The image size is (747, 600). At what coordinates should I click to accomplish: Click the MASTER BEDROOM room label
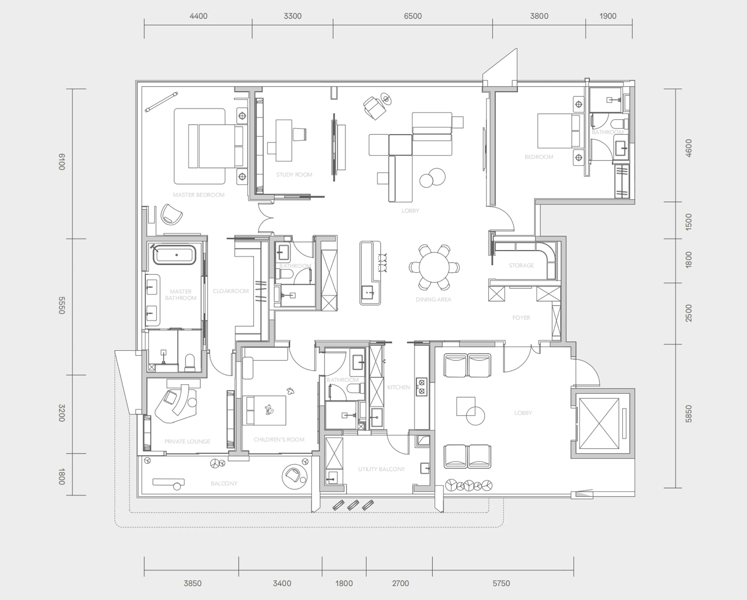199,195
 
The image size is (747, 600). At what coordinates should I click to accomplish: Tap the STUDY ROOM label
294,175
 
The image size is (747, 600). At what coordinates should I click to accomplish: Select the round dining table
434,267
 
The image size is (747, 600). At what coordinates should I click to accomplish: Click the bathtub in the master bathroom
174,255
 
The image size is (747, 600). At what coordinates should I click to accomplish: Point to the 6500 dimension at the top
413,16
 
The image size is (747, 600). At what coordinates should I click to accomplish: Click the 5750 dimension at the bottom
501,583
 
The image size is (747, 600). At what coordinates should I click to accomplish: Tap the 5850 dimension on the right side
689,414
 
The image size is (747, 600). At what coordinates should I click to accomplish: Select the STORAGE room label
521,265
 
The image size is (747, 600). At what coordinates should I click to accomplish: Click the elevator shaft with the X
599,423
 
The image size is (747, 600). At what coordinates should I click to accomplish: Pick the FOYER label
521,318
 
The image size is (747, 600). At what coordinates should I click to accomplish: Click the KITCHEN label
399,387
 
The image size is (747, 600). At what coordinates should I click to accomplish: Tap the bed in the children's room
264,410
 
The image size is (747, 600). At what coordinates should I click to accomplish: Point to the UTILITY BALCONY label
381,469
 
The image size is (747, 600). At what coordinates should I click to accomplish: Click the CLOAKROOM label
231,291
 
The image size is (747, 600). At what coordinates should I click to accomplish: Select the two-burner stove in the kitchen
422,387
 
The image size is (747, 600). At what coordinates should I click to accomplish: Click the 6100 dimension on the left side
62,162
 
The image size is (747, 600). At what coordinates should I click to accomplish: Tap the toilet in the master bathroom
190,363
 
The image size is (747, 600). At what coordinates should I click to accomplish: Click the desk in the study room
283,141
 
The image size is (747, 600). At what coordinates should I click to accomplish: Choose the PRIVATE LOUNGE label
187,441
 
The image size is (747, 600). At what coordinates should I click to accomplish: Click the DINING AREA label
433,299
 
